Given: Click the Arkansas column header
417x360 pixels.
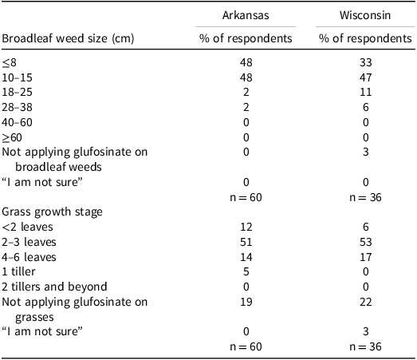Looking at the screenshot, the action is click(x=246, y=15).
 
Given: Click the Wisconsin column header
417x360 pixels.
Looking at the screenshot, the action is click(x=365, y=15).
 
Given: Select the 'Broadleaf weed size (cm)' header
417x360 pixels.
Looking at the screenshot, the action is click(x=68, y=38).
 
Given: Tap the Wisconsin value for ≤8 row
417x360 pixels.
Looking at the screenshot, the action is click(x=365, y=62).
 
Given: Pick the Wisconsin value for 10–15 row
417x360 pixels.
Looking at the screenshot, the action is click(x=365, y=77).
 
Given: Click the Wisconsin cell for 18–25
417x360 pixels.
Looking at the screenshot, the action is click(x=365, y=92).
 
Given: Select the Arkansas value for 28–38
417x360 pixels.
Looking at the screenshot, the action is click(x=246, y=107).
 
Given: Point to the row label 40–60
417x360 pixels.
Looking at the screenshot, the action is click(x=17, y=122).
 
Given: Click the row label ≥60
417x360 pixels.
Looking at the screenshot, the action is click(x=12, y=137).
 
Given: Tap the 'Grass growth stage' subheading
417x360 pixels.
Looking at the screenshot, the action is click(x=52, y=212).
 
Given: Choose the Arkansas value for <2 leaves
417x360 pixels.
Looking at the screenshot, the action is click(x=246, y=227).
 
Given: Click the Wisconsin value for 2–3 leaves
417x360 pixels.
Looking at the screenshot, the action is click(x=365, y=242).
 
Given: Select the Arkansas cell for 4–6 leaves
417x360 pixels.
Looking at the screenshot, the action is click(x=246, y=257).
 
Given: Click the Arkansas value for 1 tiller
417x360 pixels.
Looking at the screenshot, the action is click(x=246, y=272).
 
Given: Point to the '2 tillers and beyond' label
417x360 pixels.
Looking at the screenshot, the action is click(x=54, y=287).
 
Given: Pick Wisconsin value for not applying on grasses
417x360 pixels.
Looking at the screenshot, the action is click(x=365, y=303).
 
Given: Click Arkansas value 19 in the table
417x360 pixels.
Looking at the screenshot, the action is click(x=246, y=303).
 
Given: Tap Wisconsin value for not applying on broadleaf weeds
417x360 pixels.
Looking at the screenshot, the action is click(x=366, y=152).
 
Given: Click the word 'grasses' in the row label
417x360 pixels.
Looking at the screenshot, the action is click(x=34, y=318).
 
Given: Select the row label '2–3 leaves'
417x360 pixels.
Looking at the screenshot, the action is click(x=29, y=242).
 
